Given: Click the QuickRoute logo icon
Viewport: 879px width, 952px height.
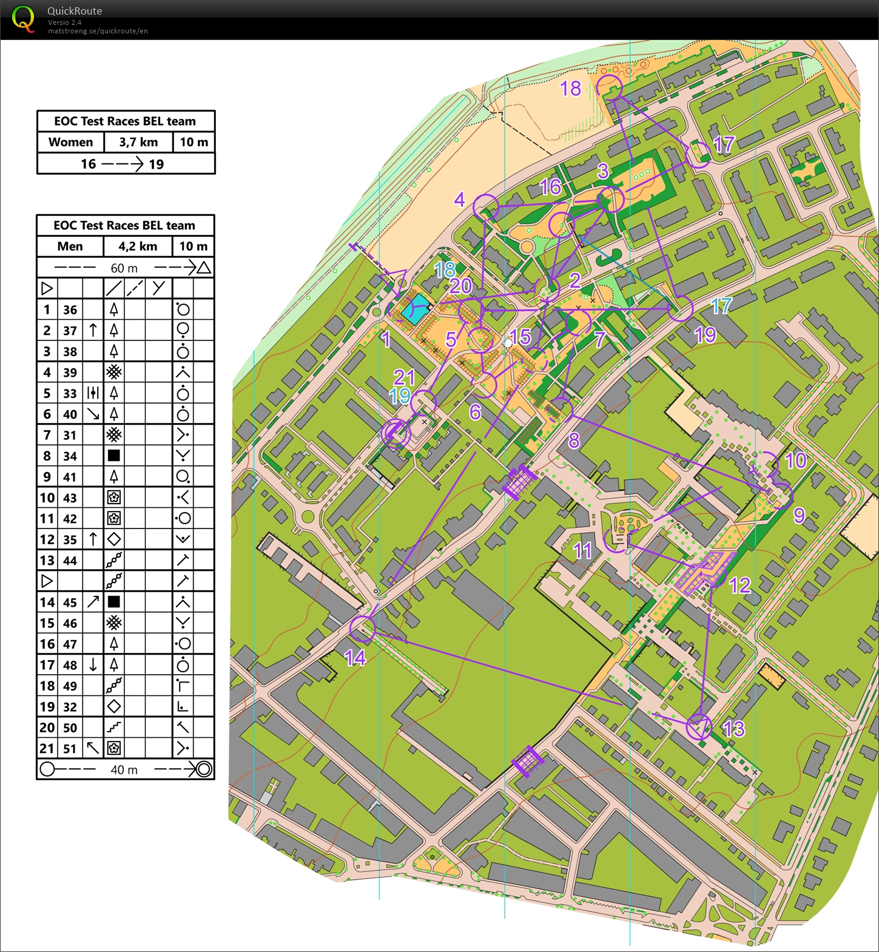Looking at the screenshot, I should (23, 19).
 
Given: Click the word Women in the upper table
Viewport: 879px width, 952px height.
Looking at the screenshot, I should (70, 142).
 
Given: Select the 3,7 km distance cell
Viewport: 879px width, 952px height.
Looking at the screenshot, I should (138, 142).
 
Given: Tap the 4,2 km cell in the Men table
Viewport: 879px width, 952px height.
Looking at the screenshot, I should (138, 246).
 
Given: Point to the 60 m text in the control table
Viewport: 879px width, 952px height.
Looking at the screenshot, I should (124, 268).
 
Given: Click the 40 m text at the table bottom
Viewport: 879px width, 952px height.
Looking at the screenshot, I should (124, 770).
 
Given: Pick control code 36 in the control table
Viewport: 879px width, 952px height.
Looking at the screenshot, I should (70, 310).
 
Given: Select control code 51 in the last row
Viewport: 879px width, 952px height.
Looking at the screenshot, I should (70, 749).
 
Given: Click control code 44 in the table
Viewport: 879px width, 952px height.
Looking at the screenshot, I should (70, 561).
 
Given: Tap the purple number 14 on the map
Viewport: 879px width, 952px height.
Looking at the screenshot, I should (355, 658).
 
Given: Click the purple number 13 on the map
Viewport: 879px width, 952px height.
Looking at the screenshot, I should (733, 729).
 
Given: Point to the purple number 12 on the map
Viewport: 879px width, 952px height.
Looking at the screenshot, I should (740, 586).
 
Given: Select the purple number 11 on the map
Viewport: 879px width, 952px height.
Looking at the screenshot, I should (582, 551).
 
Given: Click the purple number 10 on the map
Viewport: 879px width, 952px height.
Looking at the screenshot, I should (795, 461).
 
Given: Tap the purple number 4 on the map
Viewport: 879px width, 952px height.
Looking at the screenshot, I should (459, 199).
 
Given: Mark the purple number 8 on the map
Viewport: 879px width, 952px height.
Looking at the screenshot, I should (574, 441).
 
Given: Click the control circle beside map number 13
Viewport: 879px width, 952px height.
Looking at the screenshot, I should (699, 726).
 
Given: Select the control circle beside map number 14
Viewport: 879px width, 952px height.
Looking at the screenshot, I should (363, 629).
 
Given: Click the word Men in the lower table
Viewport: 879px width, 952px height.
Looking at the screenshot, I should (70, 246).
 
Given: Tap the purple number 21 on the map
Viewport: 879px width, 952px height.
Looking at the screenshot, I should (404, 377).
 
